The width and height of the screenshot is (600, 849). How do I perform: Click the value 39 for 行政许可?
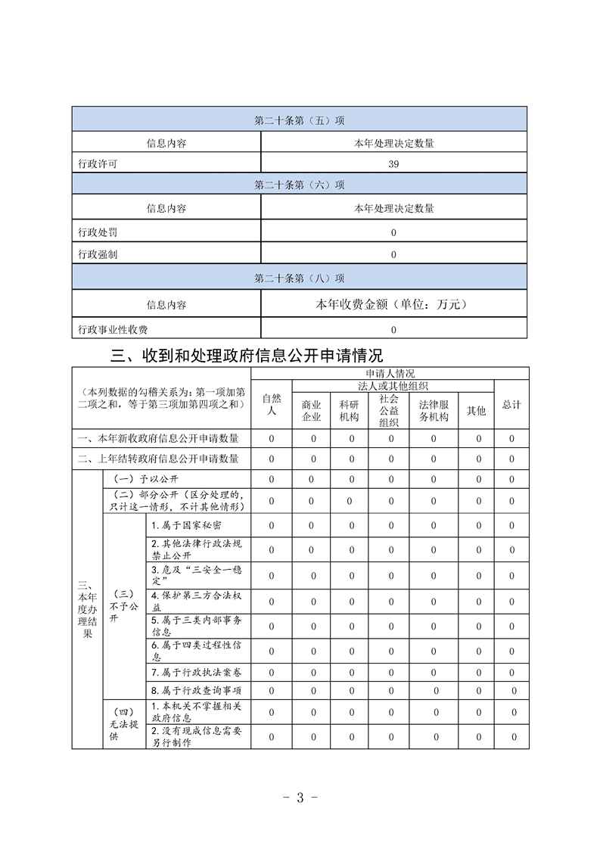click(393, 163)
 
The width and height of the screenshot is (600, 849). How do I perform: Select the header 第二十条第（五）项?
click(300, 120)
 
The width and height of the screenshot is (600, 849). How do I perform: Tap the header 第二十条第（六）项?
click(300, 185)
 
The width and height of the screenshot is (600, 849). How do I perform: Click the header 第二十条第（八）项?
click(300, 278)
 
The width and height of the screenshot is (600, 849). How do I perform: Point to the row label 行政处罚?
click(98, 232)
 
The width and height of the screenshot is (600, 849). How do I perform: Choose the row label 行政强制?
click(98, 254)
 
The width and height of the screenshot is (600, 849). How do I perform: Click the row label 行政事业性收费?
click(113, 329)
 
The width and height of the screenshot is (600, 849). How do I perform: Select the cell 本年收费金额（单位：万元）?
click(393, 304)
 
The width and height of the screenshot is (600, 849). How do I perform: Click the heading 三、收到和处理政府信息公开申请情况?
click(247, 354)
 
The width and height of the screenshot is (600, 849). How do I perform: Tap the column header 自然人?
click(272, 405)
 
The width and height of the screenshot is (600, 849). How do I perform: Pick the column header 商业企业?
click(312, 411)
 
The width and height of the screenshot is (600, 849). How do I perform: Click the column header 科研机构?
click(350, 411)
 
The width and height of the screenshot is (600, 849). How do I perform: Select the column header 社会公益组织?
click(389, 411)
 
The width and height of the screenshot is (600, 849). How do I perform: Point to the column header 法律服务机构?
click(434, 411)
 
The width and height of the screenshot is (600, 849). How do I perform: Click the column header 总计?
click(511, 405)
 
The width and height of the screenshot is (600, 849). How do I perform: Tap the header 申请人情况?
click(390, 374)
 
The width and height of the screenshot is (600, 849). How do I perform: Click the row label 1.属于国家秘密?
click(186, 525)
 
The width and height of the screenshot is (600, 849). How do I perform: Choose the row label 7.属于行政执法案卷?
click(196, 672)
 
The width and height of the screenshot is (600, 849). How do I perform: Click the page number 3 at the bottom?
click(300, 797)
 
